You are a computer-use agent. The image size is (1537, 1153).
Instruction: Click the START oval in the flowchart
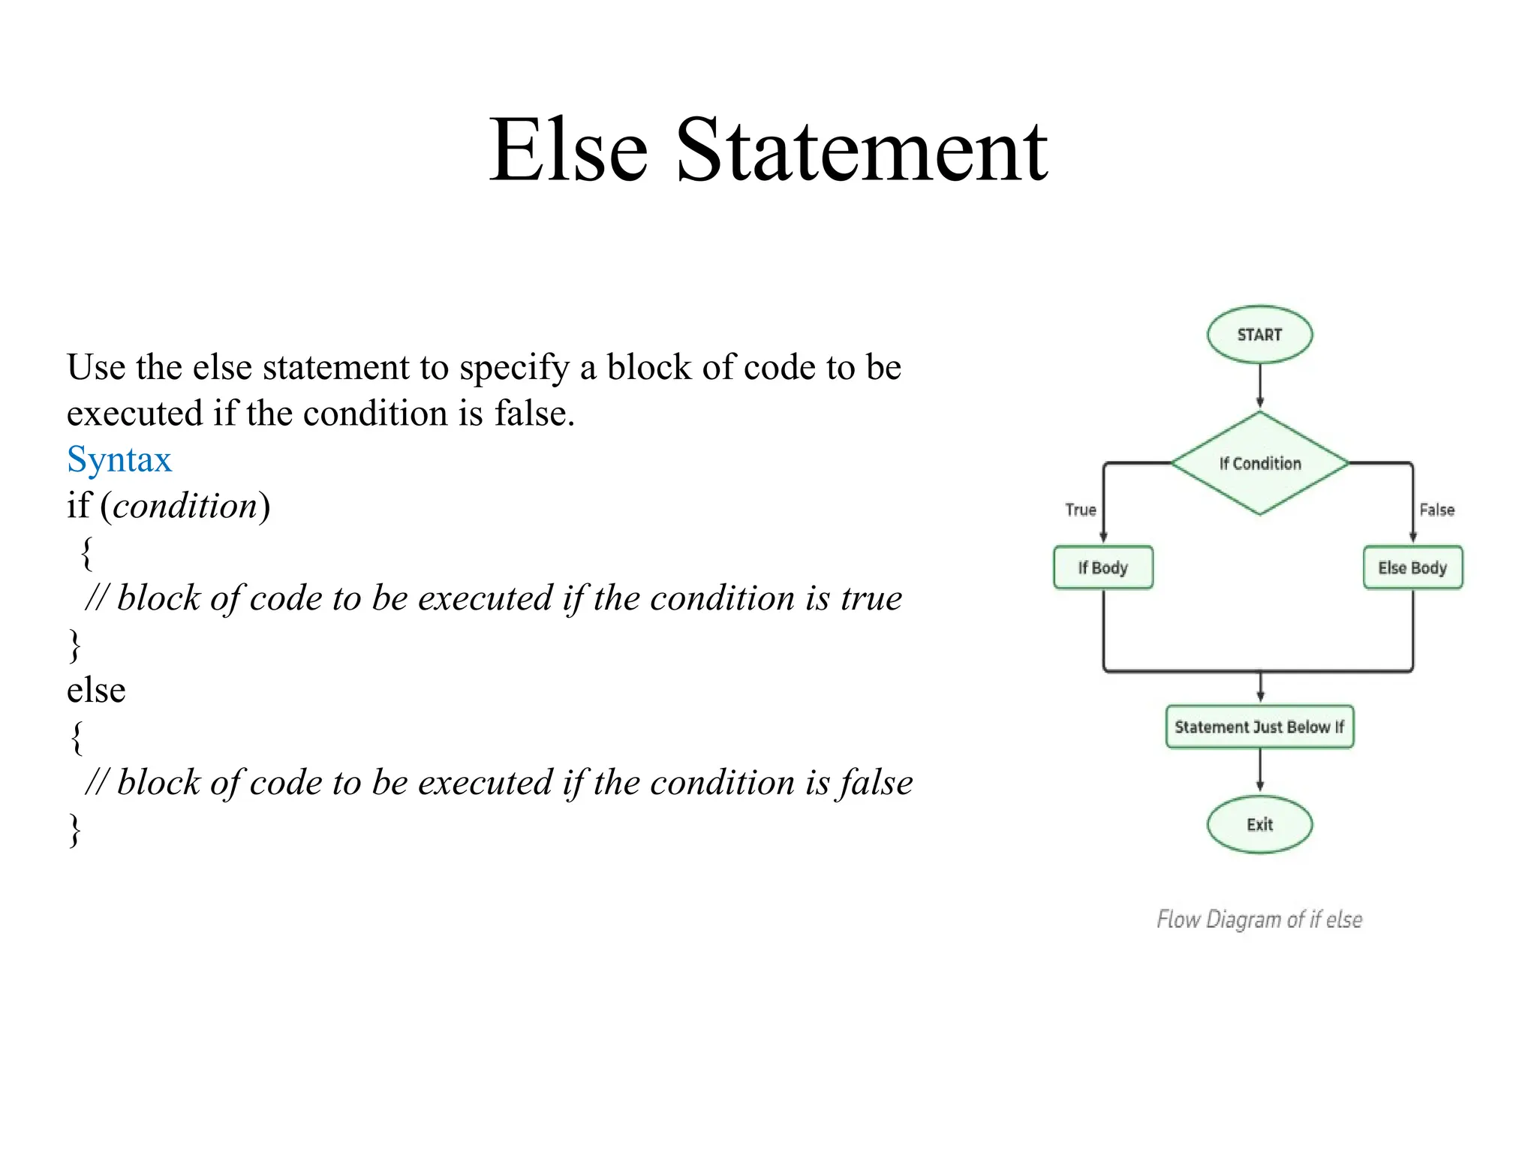point(1259,335)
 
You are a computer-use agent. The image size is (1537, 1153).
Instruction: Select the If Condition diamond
point(1259,463)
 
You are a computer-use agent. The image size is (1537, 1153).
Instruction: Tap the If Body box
point(1102,567)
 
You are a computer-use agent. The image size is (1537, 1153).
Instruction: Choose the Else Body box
point(1412,567)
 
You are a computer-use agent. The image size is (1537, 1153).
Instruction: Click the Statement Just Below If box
point(1259,727)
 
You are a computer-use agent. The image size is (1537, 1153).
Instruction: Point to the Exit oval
point(1259,824)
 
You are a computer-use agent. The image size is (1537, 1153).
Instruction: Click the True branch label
point(1080,510)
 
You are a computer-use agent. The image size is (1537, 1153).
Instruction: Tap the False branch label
point(1436,510)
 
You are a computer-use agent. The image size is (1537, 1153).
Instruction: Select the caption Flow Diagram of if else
point(1259,919)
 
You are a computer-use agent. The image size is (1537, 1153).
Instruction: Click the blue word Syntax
point(119,459)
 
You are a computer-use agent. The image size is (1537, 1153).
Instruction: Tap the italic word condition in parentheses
point(185,506)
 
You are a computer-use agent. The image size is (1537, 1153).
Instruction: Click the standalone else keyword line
point(96,690)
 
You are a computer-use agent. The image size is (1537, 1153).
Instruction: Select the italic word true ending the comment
point(871,598)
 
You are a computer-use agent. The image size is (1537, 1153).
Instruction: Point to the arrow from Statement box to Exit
point(1259,771)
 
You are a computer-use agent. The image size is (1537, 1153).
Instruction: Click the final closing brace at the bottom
point(74,829)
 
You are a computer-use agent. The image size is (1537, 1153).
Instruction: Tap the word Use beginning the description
point(96,368)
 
